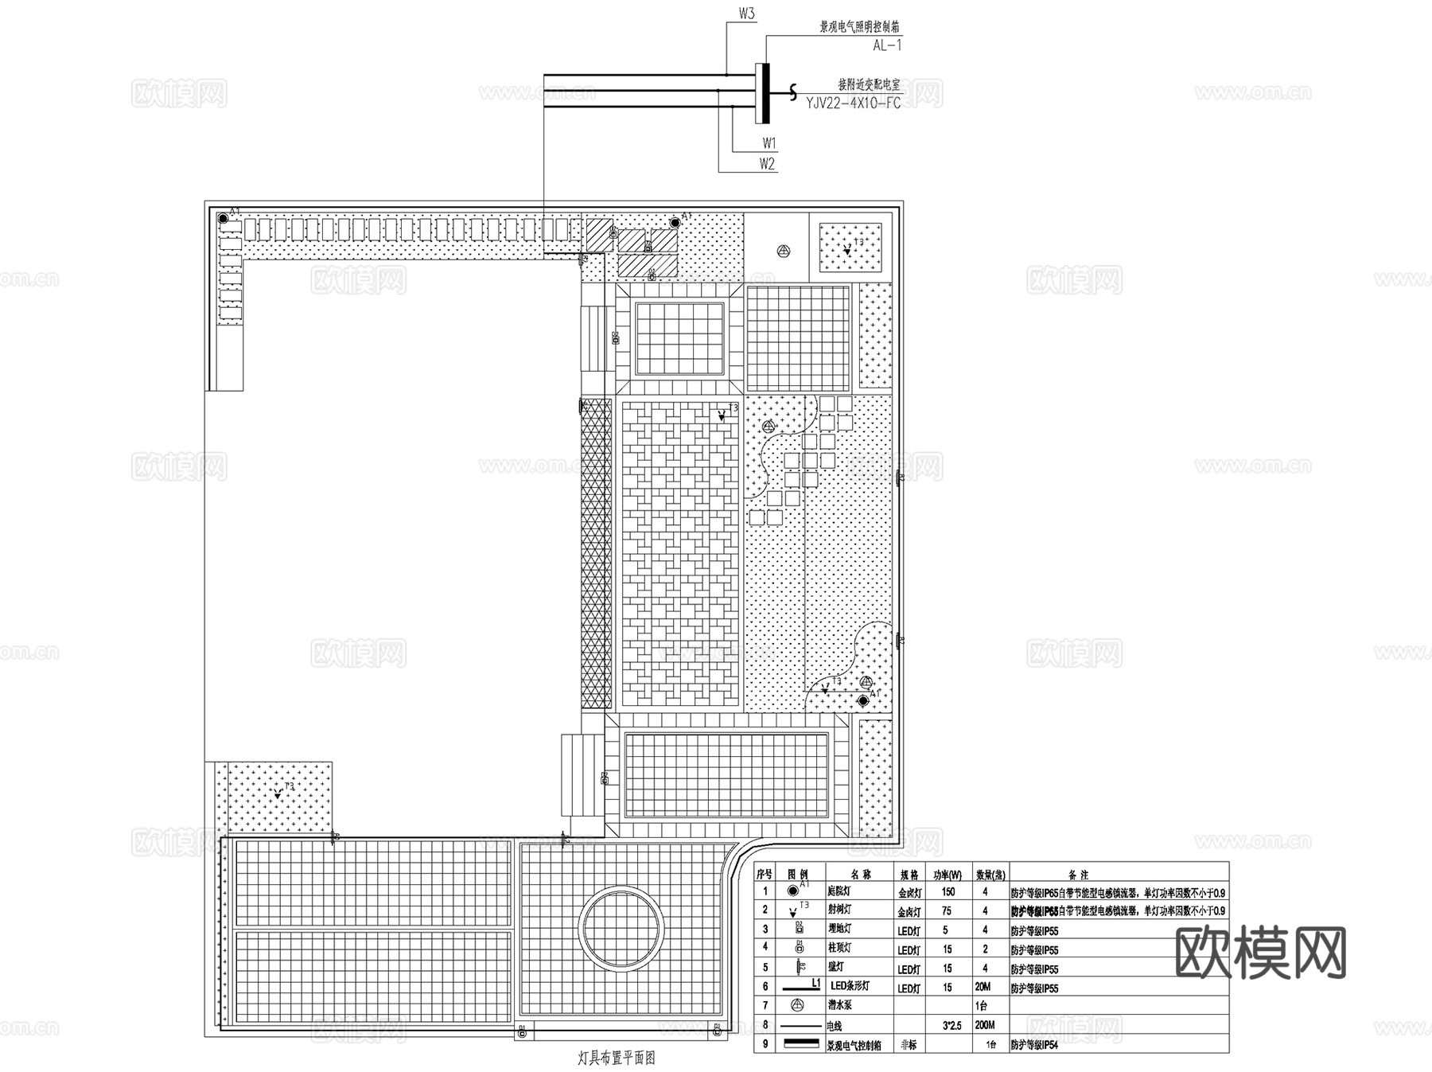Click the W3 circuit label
point(746,14)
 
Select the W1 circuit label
point(769,143)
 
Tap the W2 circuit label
point(767,164)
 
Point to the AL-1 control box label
point(887,45)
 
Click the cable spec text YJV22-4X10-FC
point(853,103)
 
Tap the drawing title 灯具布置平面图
point(617,1058)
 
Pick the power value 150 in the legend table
point(948,892)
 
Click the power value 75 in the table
point(947,911)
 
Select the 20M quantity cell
point(983,987)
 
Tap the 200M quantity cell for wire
point(984,1025)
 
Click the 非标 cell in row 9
point(908,1044)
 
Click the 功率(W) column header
point(947,874)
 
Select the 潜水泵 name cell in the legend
point(839,1006)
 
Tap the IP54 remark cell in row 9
point(1034,1045)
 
